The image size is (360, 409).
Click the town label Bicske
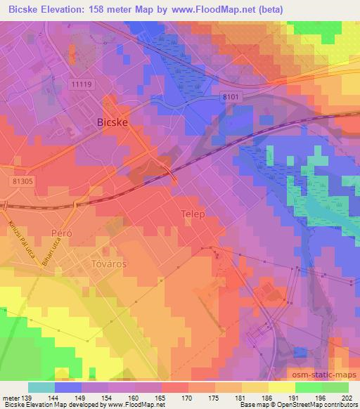(111, 122)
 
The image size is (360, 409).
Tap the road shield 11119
(83, 84)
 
